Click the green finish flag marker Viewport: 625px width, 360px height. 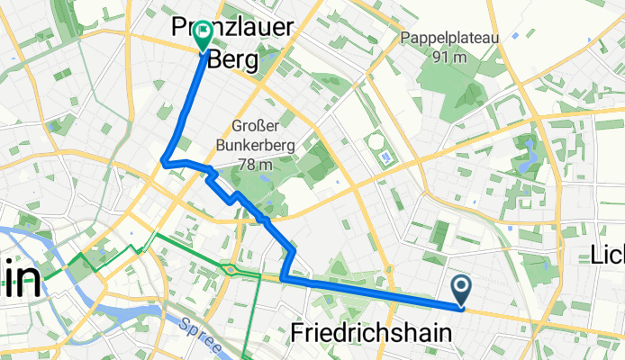[202, 35]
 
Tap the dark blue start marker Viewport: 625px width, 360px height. [461, 290]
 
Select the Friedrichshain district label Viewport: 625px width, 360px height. [372, 333]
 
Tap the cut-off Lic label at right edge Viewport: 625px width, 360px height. [607, 255]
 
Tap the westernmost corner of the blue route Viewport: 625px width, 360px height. [162, 161]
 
